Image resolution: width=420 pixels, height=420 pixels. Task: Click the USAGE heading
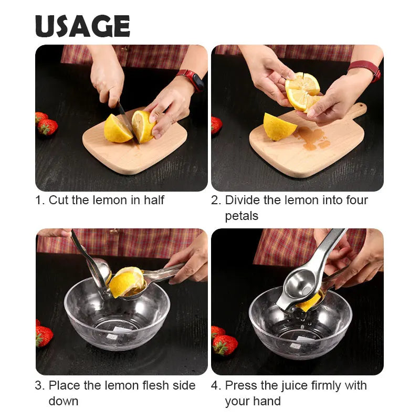point(82,26)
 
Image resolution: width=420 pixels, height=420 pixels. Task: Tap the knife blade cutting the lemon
point(127,121)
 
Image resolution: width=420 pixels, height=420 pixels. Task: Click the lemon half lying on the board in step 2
point(279,127)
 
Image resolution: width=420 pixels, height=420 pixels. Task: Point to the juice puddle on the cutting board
point(312,138)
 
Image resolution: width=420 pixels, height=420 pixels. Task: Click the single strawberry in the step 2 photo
point(216,125)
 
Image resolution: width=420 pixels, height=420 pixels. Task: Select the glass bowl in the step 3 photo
point(117,315)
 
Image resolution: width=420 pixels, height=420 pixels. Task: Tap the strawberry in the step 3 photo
point(44,335)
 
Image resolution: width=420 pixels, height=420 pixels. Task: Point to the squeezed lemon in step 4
point(309,303)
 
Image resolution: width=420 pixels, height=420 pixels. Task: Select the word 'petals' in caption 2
point(241,216)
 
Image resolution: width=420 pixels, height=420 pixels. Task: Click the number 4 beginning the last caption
point(215,385)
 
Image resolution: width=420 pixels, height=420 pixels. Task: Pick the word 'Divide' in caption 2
point(242,200)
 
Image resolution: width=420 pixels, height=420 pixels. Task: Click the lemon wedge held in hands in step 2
point(303,90)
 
